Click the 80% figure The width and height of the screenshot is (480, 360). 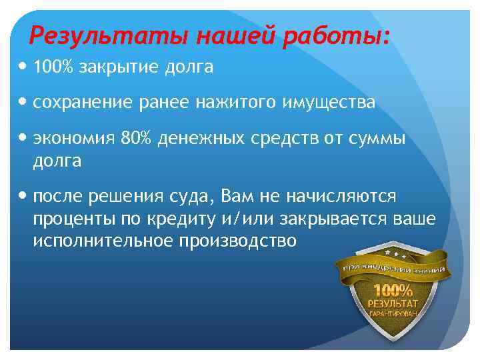135,139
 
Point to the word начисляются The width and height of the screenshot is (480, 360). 341,197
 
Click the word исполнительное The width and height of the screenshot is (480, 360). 103,240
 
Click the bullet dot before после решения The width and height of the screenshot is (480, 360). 25,197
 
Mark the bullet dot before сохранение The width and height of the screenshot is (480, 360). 25,103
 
